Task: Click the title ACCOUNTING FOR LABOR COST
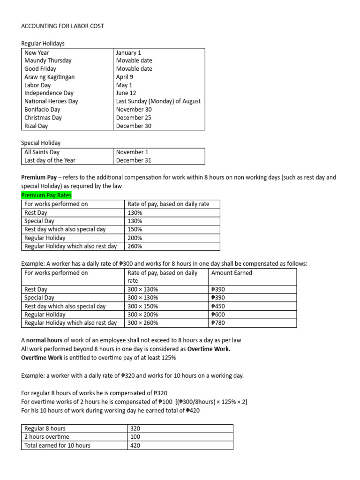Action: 62,26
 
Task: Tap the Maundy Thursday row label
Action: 48,60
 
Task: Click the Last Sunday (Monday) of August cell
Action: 158,101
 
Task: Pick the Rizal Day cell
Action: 36,126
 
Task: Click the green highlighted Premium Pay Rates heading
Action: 46,195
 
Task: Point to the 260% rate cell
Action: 135,246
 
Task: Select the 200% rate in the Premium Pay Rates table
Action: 135,238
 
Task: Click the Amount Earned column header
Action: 232,273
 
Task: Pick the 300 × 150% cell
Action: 143,306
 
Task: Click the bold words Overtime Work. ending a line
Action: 209,349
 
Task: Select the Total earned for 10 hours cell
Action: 57,445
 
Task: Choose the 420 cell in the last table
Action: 135,445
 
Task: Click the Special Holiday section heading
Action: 41,142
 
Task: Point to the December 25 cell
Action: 134,118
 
